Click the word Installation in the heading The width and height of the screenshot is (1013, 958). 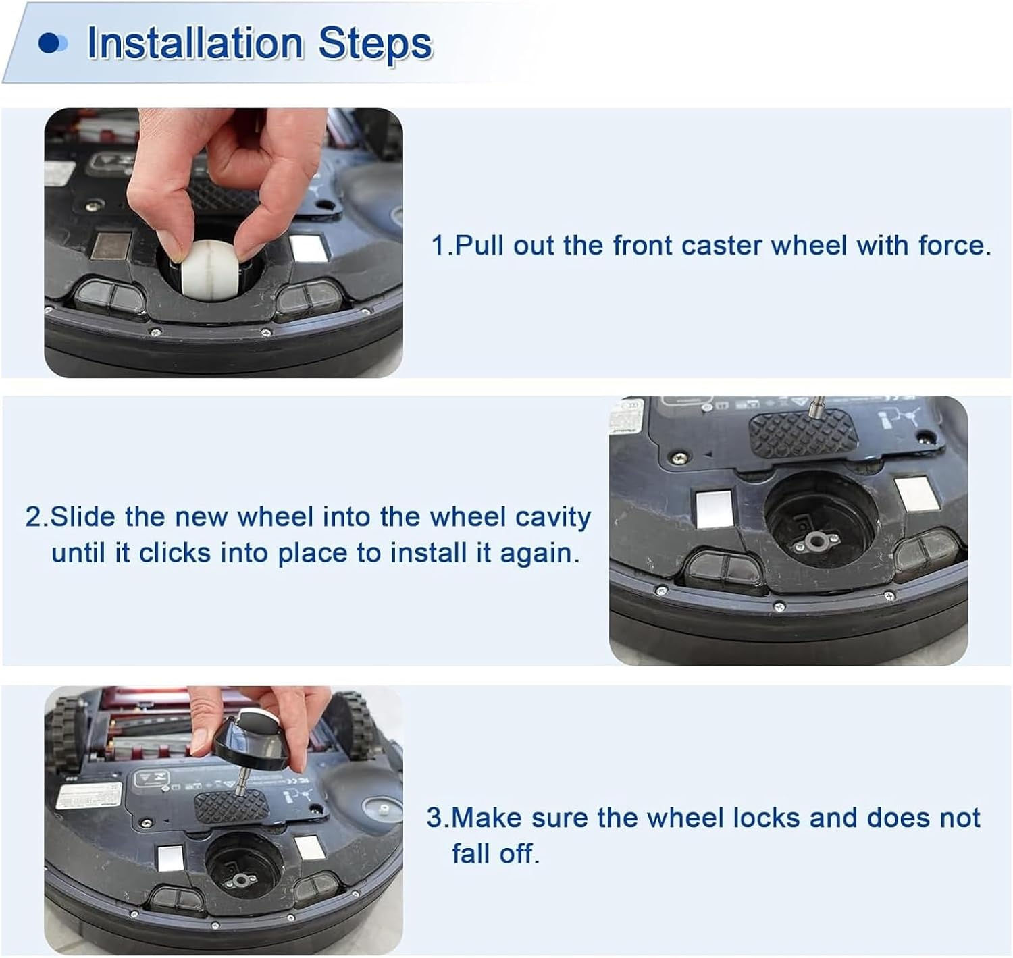195,43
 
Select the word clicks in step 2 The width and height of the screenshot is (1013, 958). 175,553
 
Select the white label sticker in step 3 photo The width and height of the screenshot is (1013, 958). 88,797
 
